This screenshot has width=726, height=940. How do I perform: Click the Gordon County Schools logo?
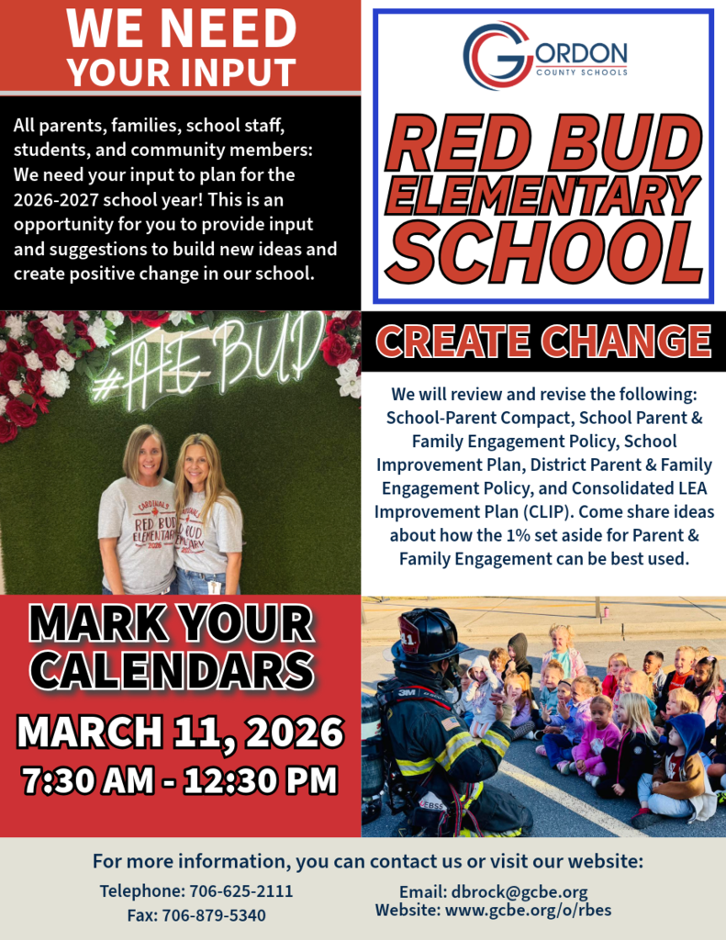click(x=543, y=56)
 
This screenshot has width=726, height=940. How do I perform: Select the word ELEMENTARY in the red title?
click(x=543, y=194)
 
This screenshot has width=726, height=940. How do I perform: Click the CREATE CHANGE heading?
click(x=543, y=341)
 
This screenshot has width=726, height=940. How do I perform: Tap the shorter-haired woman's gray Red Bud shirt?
click(x=139, y=532)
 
